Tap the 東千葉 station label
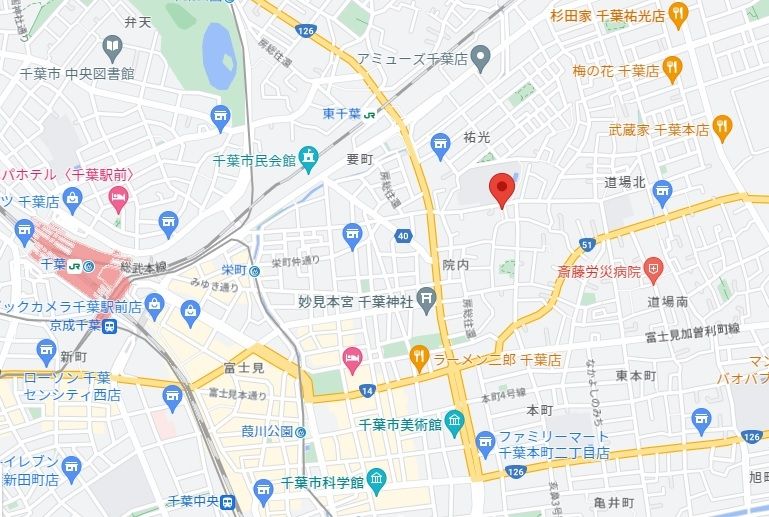[343, 113]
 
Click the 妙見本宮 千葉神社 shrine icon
[427, 297]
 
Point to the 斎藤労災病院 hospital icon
[653, 268]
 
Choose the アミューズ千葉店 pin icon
[480, 57]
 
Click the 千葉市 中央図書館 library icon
[112, 46]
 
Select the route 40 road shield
[402, 236]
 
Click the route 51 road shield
[588, 244]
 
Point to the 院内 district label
[455, 264]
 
